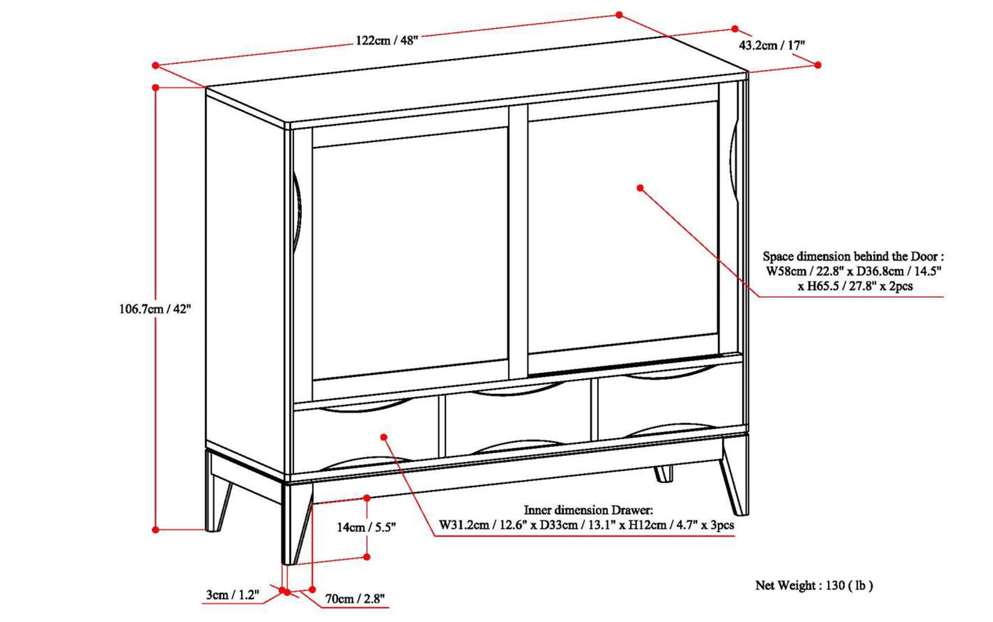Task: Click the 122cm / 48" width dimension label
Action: (x=386, y=41)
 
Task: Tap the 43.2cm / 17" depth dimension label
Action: (x=772, y=45)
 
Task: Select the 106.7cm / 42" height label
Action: (x=155, y=308)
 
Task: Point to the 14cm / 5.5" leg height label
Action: (x=366, y=527)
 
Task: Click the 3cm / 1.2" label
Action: (x=233, y=595)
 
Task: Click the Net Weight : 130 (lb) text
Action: (x=814, y=585)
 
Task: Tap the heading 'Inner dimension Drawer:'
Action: (x=588, y=510)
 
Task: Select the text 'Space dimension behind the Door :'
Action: (x=853, y=256)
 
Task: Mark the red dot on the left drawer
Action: (x=384, y=437)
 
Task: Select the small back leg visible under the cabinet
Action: (x=663, y=473)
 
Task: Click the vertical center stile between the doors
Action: (x=518, y=243)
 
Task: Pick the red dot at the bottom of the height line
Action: (x=156, y=530)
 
